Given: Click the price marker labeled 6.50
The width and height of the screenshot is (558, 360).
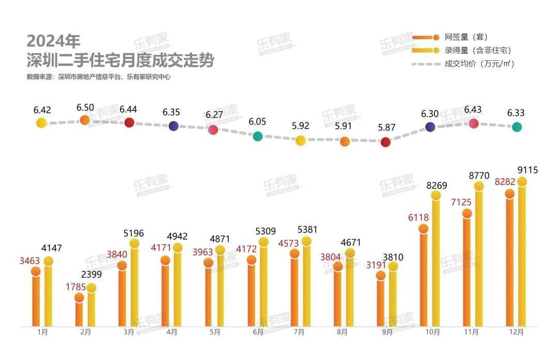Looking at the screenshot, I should (85, 120).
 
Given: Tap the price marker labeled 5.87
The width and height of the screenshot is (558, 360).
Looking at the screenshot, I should (385, 142).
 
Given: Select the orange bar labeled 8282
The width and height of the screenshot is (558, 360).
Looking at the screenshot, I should (510, 261).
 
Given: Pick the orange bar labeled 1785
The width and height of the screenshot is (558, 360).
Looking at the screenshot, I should (79, 312).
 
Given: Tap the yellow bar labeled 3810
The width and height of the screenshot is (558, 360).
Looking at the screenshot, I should (393, 296).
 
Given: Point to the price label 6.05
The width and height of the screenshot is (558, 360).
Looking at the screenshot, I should (257, 121).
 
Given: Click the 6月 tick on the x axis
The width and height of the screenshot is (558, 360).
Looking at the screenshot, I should (258, 333).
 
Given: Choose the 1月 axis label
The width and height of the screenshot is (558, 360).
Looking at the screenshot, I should (43, 333).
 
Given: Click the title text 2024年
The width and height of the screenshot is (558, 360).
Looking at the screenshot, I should (54, 41).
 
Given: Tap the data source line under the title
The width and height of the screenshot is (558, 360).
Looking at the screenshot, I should (98, 77).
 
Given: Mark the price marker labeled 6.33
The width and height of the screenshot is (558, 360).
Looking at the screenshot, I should (517, 127).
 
